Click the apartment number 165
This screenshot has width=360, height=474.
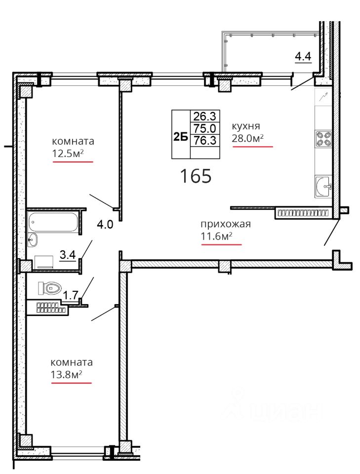click(196, 176)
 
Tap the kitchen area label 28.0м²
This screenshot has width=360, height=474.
click(248, 138)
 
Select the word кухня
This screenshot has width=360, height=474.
click(246, 126)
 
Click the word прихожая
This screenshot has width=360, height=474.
click(226, 224)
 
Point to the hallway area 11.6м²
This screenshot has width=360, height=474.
click(217, 236)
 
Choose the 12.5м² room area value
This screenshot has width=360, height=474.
click(68, 154)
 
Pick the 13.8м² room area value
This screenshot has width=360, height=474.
click(67, 375)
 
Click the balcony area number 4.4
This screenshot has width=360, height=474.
click(303, 56)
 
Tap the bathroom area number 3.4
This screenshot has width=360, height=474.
click(68, 255)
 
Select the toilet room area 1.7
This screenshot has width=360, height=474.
click(71, 295)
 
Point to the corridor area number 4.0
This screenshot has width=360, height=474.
click(105, 224)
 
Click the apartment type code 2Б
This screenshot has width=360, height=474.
click(180, 137)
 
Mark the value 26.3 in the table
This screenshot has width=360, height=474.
click(204, 116)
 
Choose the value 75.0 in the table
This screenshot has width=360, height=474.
click(204, 128)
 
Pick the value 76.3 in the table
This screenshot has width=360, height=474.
click(204, 140)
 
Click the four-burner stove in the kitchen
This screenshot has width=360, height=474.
click(323, 139)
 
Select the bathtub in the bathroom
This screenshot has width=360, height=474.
click(53, 222)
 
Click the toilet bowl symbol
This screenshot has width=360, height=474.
click(50, 288)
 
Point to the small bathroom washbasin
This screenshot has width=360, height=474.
click(32, 240)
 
